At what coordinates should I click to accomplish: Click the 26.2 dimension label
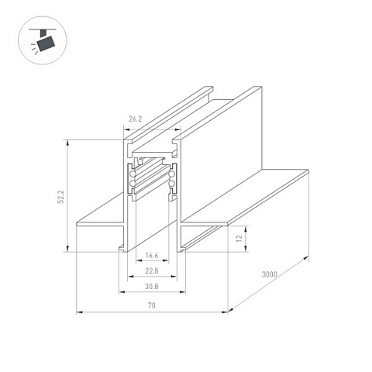[x=136, y=119]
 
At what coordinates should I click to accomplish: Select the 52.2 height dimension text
[x=61, y=197]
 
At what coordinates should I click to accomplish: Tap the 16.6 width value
[x=152, y=256]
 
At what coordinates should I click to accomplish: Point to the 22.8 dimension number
[x=152, y=271]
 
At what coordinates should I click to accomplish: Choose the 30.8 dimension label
[x=152, y=287]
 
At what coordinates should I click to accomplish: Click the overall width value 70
[x=152, y=305]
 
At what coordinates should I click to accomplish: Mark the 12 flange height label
[x=239, y=238]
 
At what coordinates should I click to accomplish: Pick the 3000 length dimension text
[x=270, y=274]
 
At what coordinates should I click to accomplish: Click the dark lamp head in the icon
[x=46, y=43]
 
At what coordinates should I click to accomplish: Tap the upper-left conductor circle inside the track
[x=133, y=174]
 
